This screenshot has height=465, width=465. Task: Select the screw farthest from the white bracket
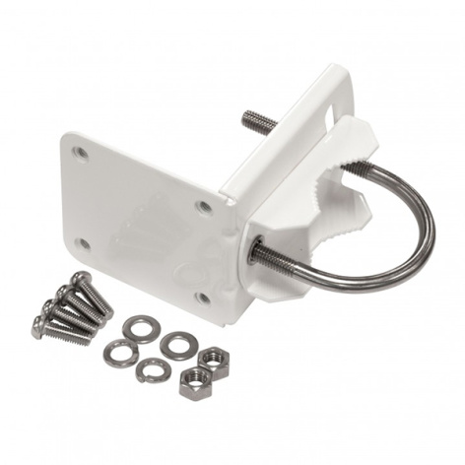pyautogui.click(x=61, y=330)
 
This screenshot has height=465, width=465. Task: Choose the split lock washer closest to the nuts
pyautogui.click(x=154, y=369)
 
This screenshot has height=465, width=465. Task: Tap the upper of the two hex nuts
pyautogui.click(x=213, y=361)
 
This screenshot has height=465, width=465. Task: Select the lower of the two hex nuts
pyautogui.click(x=195, y=382)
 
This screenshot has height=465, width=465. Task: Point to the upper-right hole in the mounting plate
pyautogui.click(x=204, y=207)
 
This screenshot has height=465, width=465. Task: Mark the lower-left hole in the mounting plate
pyautogui.click(x=85, y=243)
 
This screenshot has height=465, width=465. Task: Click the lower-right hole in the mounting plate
pyautogui.click(x=202, y=296)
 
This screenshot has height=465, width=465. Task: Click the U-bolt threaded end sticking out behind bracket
pyautogui.click(x=259, y=122)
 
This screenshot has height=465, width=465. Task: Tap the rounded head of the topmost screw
pyautogui.click(x=80, y=279)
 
